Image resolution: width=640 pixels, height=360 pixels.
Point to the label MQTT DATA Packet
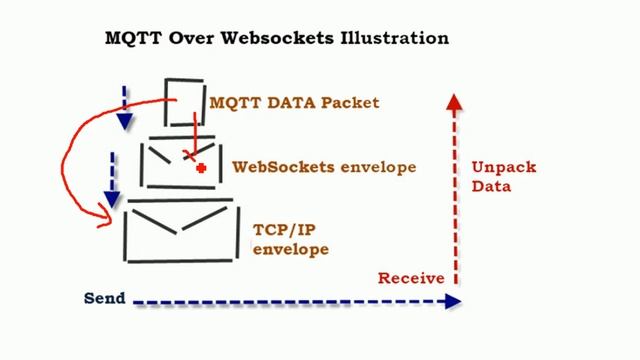click(x=294, y=102)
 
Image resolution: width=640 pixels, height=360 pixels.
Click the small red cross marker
click(x=201, y=168)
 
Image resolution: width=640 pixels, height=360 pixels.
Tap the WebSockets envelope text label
click(x=323, y=167)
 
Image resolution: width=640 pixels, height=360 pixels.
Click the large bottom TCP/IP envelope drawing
click(x=181, y=231)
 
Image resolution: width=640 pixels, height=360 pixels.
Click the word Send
click(x=104, y=298)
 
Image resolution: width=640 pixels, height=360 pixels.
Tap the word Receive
click(x=410, y=278)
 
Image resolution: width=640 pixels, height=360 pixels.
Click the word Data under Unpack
click(x=491, y=186)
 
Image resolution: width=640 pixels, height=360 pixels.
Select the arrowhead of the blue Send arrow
click(x=454, y=301)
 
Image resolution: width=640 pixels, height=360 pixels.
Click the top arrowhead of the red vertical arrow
click(x=454, y=100)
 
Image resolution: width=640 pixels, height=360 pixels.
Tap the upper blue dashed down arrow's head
click(x=124, y=122)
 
